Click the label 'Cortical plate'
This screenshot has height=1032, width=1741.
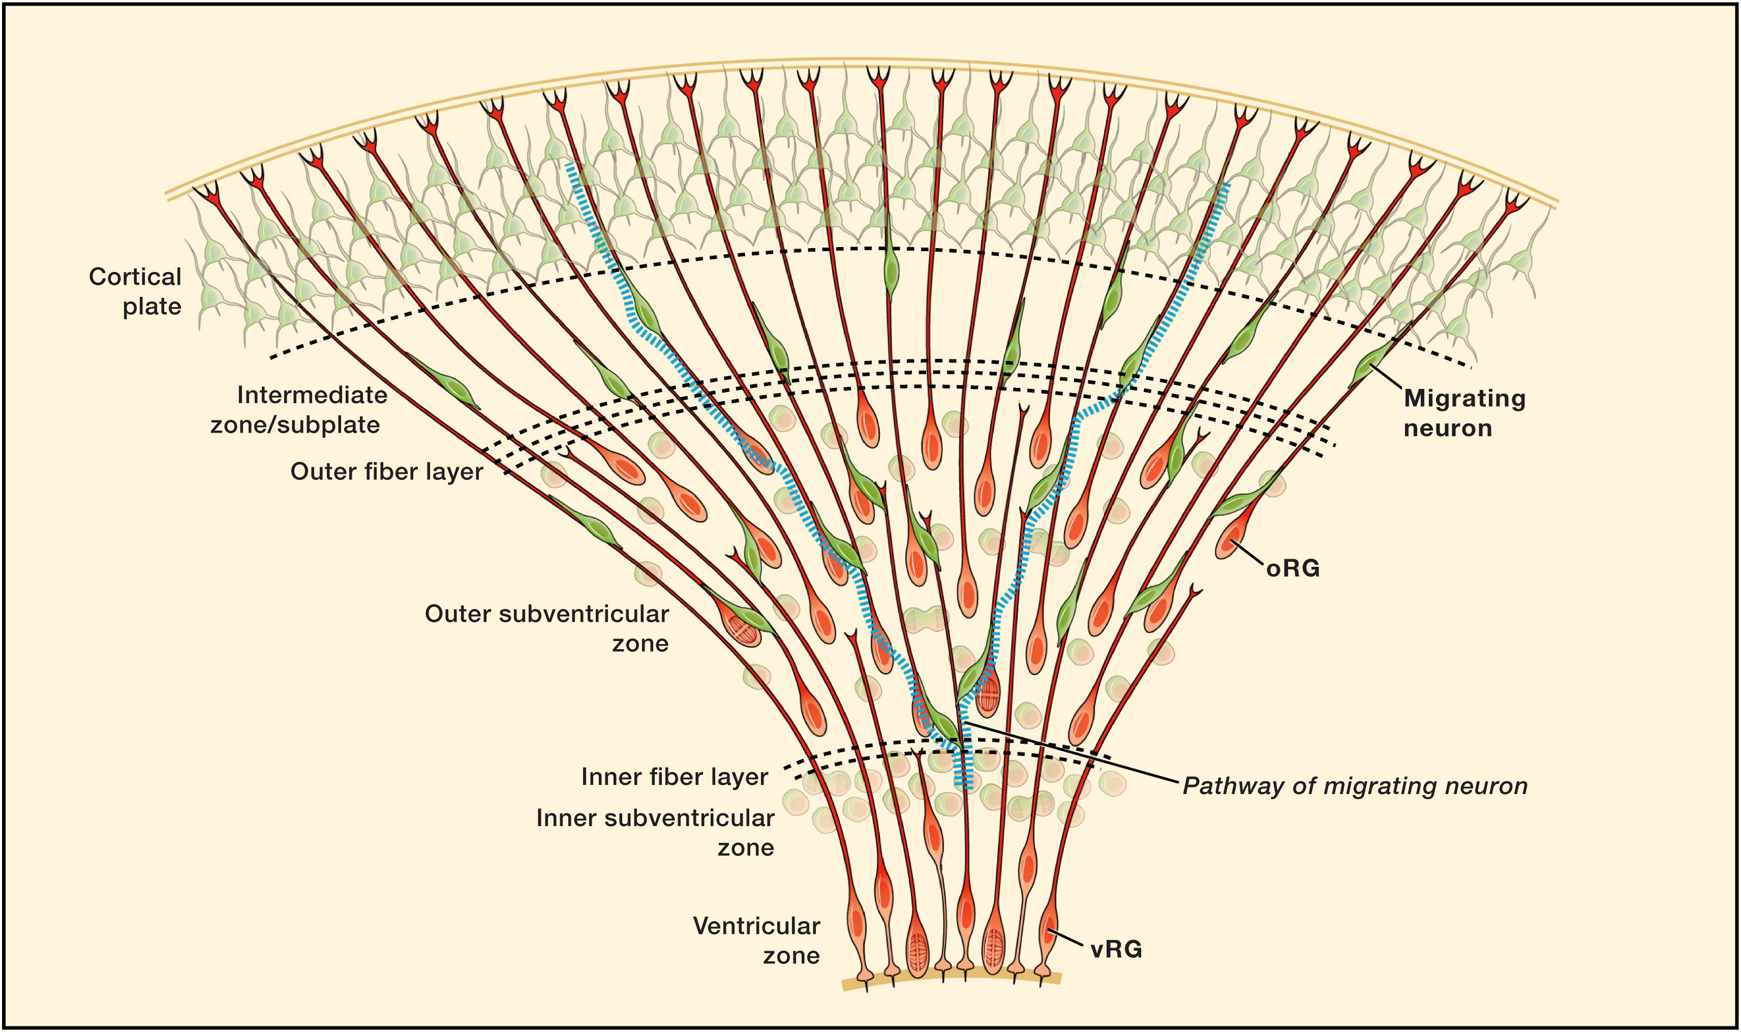(136, 291)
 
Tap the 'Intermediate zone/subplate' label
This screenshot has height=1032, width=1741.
(299, 410)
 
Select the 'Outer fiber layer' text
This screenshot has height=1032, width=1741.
(387, 472)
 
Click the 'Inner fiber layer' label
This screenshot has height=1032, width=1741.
(674, 777)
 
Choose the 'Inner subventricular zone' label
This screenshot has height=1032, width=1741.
(655, 832)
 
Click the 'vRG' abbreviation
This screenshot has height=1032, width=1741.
(1116, 949)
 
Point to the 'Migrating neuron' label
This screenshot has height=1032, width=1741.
(1464, 412)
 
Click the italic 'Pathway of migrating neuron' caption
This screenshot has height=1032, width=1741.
(1354, 786)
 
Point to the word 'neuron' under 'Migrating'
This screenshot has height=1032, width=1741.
(1448, 428)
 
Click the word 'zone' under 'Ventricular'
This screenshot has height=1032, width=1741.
(792, 955)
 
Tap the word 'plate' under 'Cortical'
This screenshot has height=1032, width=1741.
(152, 306)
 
